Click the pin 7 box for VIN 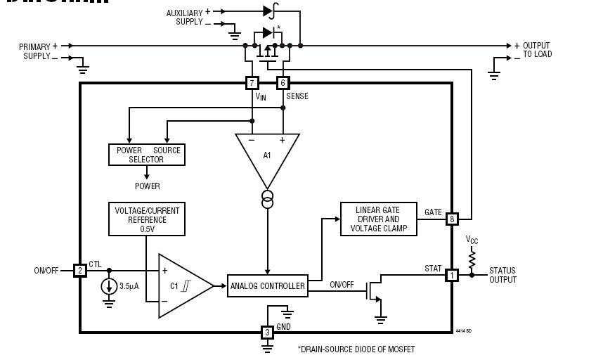pyautogui.click(x=252, y=83)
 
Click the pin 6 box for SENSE pyautogui.click(x=283, y=83)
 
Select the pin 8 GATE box pyautogui.click(x=452, y=219)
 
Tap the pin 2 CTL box pyautogui.click(x=80, y=270)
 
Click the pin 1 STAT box pyautogui.click(x=451, y=276)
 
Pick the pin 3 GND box pyautogui.click(x=267, y=332)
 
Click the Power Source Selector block pyautogui.click(x=147, y=155)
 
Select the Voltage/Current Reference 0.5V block pyautogui.click(x=147, y=219)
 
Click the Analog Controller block pyautogui.click(x=268, y=285)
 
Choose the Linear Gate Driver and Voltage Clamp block pyautogui.click(x=378, y=219)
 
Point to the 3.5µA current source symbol pyautogui.click(x=110, y=286)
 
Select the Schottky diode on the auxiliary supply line pyautogui.click(x=268, y=11)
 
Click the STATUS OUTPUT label pyautogui.click(x=502, y=275)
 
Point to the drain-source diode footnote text pyautogui.click(x=356, y=349)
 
